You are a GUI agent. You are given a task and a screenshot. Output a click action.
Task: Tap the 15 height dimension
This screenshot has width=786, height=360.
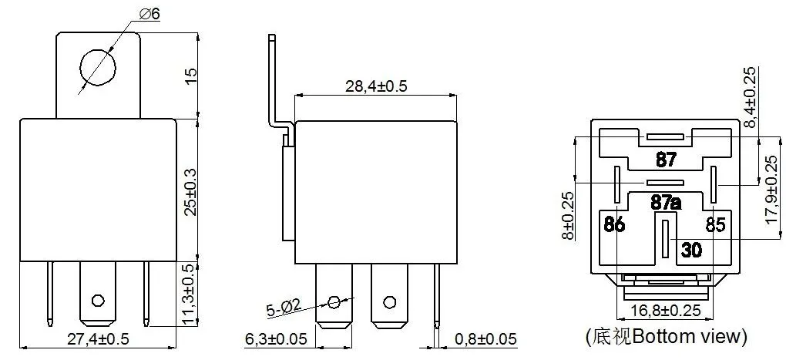(193, 76)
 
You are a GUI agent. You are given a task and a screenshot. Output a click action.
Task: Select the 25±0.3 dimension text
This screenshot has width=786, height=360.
(193, 190)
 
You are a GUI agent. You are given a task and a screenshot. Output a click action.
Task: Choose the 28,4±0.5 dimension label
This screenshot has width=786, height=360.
(375, 86)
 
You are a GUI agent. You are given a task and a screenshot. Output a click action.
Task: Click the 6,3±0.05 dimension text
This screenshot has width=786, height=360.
(277, 339)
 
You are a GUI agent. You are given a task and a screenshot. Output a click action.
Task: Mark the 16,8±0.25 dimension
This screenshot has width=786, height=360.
(664, 310)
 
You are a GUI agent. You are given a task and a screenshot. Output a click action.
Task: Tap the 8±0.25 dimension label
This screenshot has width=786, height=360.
(568, 216)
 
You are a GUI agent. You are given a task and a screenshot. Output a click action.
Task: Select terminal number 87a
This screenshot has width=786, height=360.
(667, 203)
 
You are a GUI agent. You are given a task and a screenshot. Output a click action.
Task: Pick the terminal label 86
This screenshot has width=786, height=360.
(614, 226)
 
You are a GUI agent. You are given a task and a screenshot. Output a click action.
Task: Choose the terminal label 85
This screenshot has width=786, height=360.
(715, 226)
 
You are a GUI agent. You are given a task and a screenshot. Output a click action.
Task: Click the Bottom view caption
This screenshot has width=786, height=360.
(666, 336)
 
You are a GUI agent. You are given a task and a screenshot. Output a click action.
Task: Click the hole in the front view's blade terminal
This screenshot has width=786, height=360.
(97, 299)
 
